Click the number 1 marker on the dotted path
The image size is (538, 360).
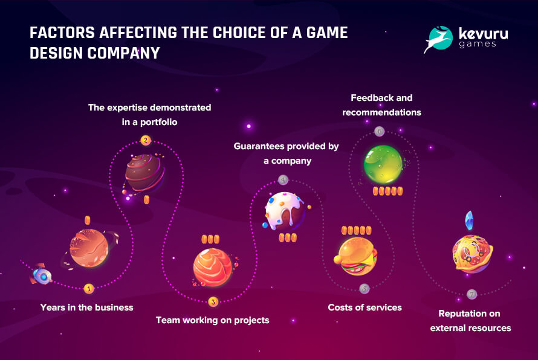[x=89, y=289]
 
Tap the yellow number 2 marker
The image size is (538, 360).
[x=146, y=140]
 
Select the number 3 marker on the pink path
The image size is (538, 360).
[x=213, y=302]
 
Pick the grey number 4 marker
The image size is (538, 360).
[x=283, y=179]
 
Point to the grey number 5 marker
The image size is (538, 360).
[x=365, y=289]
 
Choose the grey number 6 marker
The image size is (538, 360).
[x=379, y=131]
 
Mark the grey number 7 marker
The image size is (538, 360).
[x=472, y=294]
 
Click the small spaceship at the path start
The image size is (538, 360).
[x=41, y=274]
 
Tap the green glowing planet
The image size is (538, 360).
[x=383, y=164]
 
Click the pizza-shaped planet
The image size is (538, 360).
[x=473, y=254]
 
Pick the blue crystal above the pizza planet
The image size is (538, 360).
[x=469, y=220]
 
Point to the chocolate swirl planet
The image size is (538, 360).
[x=144, y=173]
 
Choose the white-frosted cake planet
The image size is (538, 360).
[x=285, y=211]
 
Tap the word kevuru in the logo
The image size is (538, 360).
[x=484, y=33]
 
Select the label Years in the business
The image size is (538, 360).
[x=87, y=307]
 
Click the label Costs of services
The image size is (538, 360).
[x=365, y=307]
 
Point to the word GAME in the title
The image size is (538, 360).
[x=327, y=33]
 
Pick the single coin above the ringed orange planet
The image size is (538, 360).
[x=88, y=220]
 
